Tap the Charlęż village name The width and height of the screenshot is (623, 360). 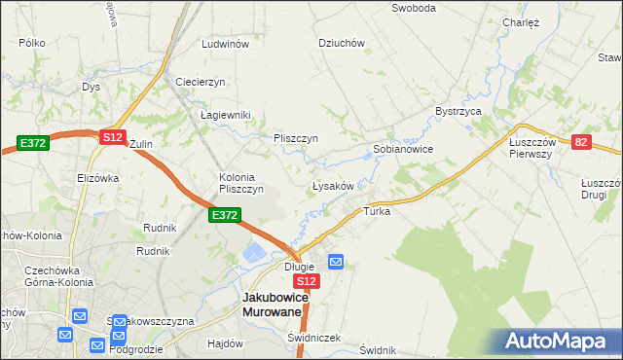click(x=521, y=21)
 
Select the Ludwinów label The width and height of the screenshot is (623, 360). click(x=225, y=45)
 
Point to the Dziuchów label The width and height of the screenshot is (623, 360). click(x=341, y=43)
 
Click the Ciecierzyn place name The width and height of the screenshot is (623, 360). click(x=201, y=81)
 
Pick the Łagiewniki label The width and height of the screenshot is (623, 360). click(x=225, y=115)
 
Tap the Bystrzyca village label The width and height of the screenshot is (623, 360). click(x=459, y=112)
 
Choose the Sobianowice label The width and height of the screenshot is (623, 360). click(x=403, y=150)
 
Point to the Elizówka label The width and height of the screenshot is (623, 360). click(x=97, y=178)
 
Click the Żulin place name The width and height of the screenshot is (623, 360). click(x=141, y=144)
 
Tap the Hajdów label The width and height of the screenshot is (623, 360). click(x=225, y=343)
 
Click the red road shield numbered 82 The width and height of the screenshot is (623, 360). click(x=581, y=142)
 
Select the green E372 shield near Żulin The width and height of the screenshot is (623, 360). click(x=30, y=143)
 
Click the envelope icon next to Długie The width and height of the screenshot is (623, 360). click(x=336, y=261)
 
